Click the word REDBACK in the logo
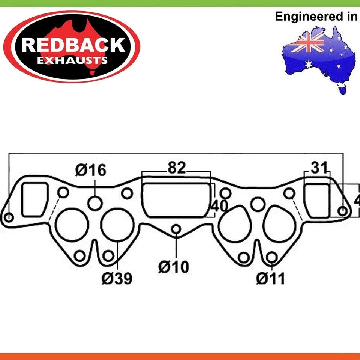pos(73,45)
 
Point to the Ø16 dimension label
pos(91,170)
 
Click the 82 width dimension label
pos(177,168)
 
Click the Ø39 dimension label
pos(117,278)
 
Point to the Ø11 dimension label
pos(270,278)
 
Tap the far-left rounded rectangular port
pos(34,199)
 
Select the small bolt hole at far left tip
pos(9,217)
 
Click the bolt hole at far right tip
pos(343,211)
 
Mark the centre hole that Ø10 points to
pos(176,229)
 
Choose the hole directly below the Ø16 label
pos(95,203)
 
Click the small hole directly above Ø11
pos(272,257)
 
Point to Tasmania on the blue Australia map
pos(341,89)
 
